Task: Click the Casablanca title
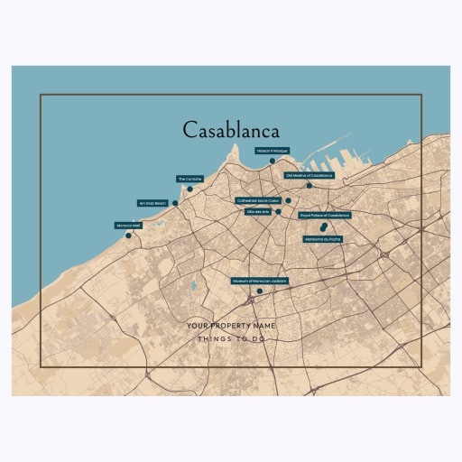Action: (x=231, y=131)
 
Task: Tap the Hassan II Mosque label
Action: (x=272, y=151)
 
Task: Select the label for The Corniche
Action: (x=189, y=179)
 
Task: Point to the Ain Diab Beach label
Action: (x=152, y=203)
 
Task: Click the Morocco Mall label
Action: (x=128, y=225)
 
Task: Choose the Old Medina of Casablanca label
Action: (x=309, y=175)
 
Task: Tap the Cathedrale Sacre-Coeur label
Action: (x=259, y=200)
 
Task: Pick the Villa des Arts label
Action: (x=258, y=211)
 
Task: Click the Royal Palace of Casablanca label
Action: (x=324, y=216)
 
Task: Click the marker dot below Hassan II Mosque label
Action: (x=273, y=161)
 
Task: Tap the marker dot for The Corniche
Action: (x=189, y=189)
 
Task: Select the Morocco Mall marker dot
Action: (x=128, y=236)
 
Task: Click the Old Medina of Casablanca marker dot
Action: (x=309, y=185)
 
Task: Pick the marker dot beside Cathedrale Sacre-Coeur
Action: (x=288, y=200)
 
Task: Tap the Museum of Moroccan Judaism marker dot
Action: (x=259, y=291)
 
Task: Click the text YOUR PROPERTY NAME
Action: (x=231, y=325)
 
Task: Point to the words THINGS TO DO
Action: (x=231, y=339)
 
